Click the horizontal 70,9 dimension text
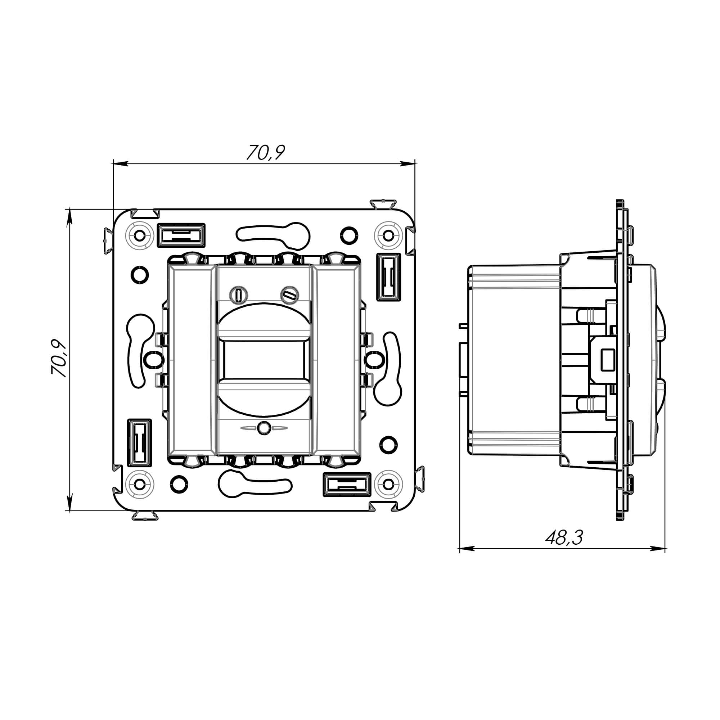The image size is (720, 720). (x=266, y=152)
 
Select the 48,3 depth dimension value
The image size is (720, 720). (x=564, y=538)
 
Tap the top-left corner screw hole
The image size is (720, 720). (x=140, y=235)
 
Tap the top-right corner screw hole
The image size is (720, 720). (x=388, y=235)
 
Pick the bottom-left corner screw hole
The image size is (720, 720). (x=140, y=484)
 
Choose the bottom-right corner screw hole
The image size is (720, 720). (x=388, y=484)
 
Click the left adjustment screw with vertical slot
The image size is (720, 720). (x=238, y=295)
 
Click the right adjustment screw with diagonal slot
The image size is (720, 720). (x=289, y=295)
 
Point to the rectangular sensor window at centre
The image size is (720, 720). (x=264, y=360)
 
